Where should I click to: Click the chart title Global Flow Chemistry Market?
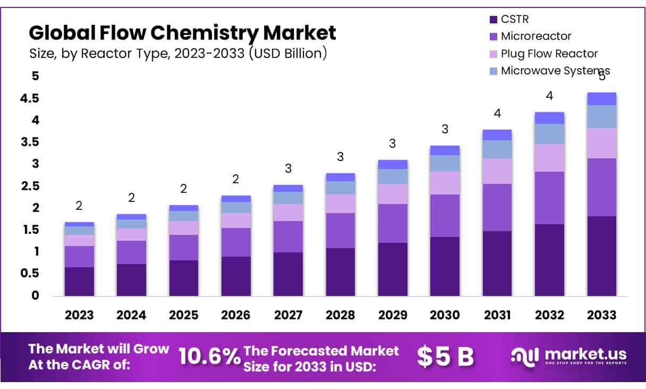(x=182, y=33)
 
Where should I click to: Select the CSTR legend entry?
(x=514, y=20)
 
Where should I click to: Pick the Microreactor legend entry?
(x=535, y=37)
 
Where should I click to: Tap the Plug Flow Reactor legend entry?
(x=549, y=54)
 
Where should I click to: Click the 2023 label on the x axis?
(x=79, y=315)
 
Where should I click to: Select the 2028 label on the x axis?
(x=341, y=315)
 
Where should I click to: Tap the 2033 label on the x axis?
(x=602, y=315)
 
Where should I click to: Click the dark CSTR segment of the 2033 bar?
(x=602, y=256)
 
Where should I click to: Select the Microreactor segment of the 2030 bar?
(x=445, y=216)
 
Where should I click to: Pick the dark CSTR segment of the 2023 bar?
(x=79, y=281)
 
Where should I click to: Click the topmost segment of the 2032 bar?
(x=549, y=118)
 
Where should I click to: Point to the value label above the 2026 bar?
(x=236, y=179)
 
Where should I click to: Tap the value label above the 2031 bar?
(x=497, y=113)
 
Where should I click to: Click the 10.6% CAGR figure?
(x=209, y=357)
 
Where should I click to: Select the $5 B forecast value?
(x=445, y=357)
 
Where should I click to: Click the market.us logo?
(x=568, y=356)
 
